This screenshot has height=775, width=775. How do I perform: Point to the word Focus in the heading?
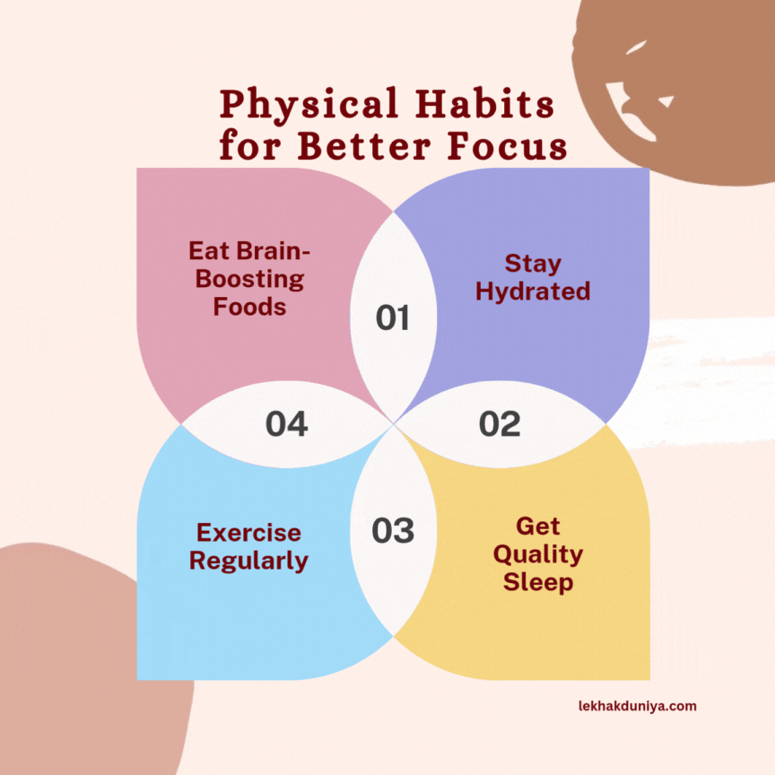click(511, 145)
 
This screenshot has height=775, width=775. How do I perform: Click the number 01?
click(392, 318)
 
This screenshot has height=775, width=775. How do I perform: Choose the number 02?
click(500, 424)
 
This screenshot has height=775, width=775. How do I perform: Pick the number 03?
click(393, 531)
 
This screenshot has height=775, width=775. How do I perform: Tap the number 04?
click(286, 424)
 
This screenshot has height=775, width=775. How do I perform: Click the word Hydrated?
click(533, 292)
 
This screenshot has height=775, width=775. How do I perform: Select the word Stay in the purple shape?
click(533, 264)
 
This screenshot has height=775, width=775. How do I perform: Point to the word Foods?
click(249, 307)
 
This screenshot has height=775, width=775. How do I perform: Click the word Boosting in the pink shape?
click(249, 278)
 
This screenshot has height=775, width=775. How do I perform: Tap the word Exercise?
click(249, 533)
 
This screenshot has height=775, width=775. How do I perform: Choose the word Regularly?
click(249, 562)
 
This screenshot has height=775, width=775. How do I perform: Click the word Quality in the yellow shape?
click(537, 554)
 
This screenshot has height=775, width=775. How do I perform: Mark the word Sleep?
click(537, 583)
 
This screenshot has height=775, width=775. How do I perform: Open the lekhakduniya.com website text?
click(637, 706)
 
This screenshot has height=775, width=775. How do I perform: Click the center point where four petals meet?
click(393, 423)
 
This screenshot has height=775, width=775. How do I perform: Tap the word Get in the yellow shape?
click(537, 526)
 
